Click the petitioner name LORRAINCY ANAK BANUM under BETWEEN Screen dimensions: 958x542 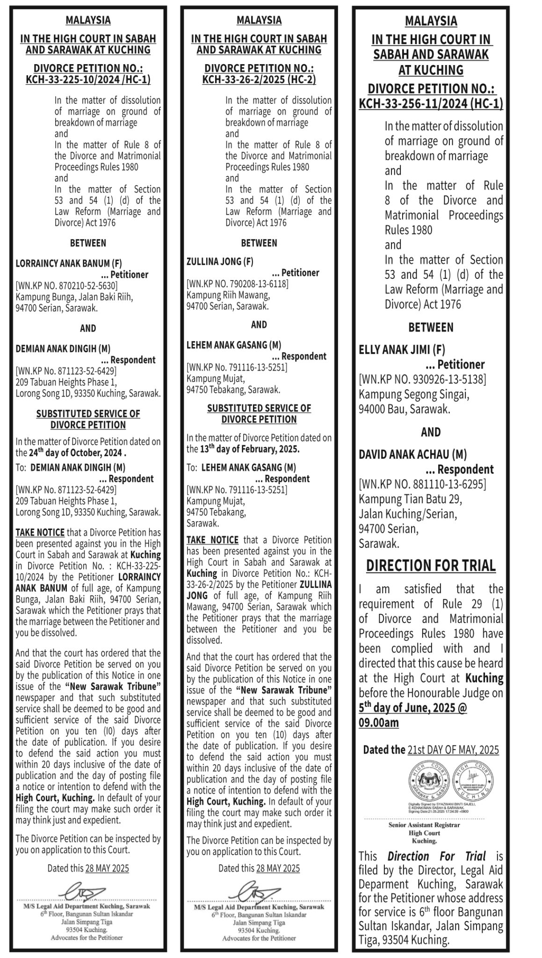69,263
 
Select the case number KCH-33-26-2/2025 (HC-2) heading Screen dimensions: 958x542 259,80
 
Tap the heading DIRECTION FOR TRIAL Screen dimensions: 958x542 431,566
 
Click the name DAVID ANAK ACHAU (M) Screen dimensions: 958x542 412,454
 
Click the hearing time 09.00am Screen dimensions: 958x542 379,723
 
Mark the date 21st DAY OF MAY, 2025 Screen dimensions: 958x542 453,750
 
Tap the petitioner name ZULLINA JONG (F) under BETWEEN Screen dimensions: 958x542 220,261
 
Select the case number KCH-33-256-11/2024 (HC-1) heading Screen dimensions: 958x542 431,103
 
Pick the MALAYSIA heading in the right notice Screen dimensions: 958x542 431,21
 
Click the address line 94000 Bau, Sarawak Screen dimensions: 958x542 405,409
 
